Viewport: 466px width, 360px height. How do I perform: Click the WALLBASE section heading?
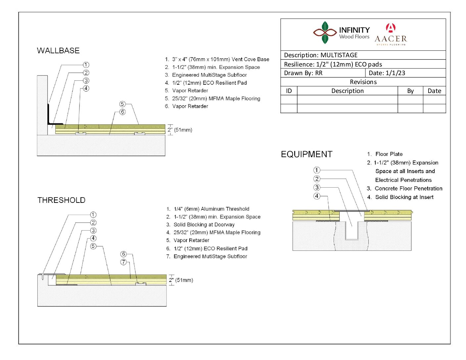58,51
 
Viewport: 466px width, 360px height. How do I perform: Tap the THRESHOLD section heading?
61,200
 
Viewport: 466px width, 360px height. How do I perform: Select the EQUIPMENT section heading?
306,155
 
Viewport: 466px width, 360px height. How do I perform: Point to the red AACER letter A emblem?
391,27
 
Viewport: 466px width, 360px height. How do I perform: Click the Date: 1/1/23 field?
387,73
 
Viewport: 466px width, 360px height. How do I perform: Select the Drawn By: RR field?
303,73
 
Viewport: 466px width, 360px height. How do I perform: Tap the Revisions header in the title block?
363,82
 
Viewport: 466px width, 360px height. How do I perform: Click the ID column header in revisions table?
289,91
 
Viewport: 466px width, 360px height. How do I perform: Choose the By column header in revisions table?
410,91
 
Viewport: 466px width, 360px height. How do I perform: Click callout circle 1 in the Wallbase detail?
86,65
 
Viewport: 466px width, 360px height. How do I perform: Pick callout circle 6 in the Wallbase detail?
122,112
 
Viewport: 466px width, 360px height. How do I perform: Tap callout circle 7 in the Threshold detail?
123,262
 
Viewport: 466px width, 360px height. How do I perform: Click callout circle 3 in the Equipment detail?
317,187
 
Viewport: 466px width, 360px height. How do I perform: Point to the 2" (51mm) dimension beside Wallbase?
180,130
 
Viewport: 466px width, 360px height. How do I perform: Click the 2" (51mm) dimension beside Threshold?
181,280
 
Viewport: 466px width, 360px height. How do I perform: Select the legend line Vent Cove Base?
217,59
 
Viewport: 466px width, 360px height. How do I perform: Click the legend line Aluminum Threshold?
208,209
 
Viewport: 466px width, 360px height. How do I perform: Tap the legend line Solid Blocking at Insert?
400,197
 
